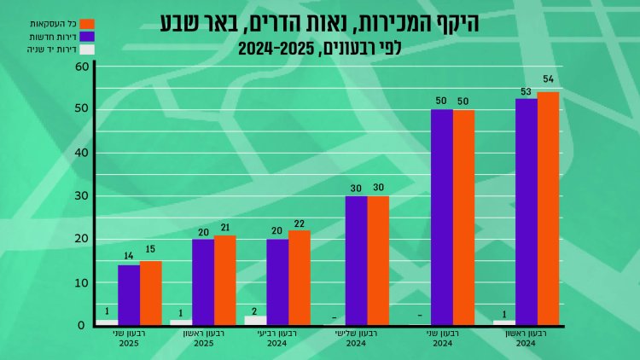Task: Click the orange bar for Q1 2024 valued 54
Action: point(548,208)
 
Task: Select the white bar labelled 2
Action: point(255,320)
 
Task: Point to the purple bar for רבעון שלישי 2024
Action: point(356,260)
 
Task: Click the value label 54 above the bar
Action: point(548,79)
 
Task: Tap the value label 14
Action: point(129,254)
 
